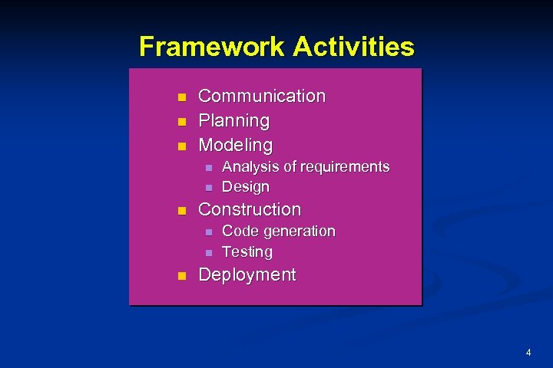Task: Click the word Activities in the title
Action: tap(353, 48)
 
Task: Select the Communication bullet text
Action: tap(262, 96)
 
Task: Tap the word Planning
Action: tap(234, 120)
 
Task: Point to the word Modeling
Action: tap(235, 145)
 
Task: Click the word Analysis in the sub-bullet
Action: tap(250, 166)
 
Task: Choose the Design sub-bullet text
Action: tap(246, 186)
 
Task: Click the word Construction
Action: tap(250, 209)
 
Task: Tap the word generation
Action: tap(299, 231)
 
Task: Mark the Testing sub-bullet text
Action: tap(247, 251)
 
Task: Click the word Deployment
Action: tap(247, 275)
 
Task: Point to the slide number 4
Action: tap(528, 353)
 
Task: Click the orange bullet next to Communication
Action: tap(181, 97)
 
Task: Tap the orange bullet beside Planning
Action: tap(181, 122)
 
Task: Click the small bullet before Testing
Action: tap(207, 252)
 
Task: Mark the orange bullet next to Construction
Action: tap(181, 211)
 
